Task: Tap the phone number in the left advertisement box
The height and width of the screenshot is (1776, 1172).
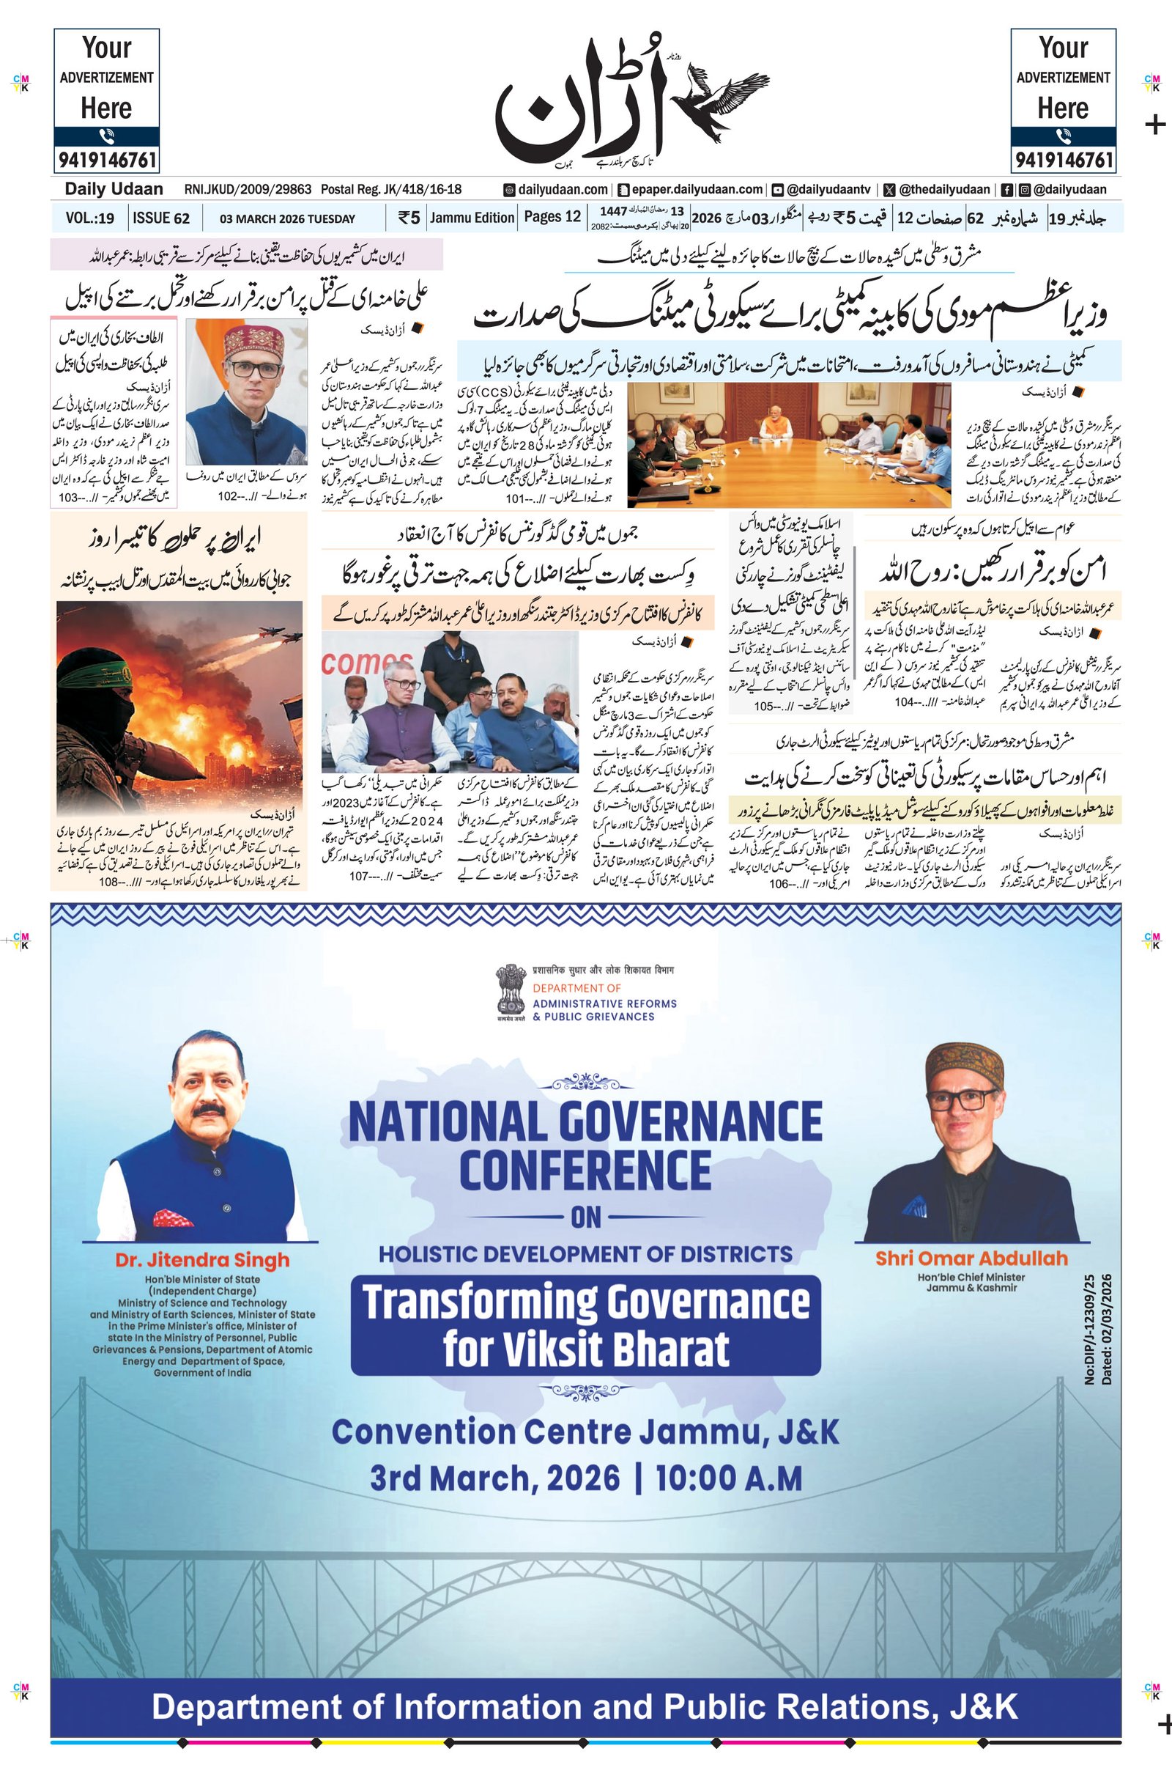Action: [106, 160]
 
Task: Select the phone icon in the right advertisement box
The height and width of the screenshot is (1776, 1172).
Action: [1063, 136]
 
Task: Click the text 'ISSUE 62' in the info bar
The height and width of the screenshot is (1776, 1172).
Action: [161, 218]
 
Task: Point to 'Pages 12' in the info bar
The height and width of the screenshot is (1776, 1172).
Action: [552, 217]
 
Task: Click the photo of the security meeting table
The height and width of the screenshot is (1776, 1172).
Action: [789, 445]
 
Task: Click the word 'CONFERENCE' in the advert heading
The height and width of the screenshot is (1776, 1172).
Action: [585, 1171]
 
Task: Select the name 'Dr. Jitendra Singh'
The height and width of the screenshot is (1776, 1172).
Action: [202, 1259]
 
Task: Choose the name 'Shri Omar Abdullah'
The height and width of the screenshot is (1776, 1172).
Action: [971, 1258]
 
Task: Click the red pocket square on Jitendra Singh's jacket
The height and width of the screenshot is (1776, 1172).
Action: [173, 1220]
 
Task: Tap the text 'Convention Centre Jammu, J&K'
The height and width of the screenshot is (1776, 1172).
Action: [585, 1432]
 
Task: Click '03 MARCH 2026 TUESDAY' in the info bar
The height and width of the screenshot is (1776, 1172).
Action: [287, 219]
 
